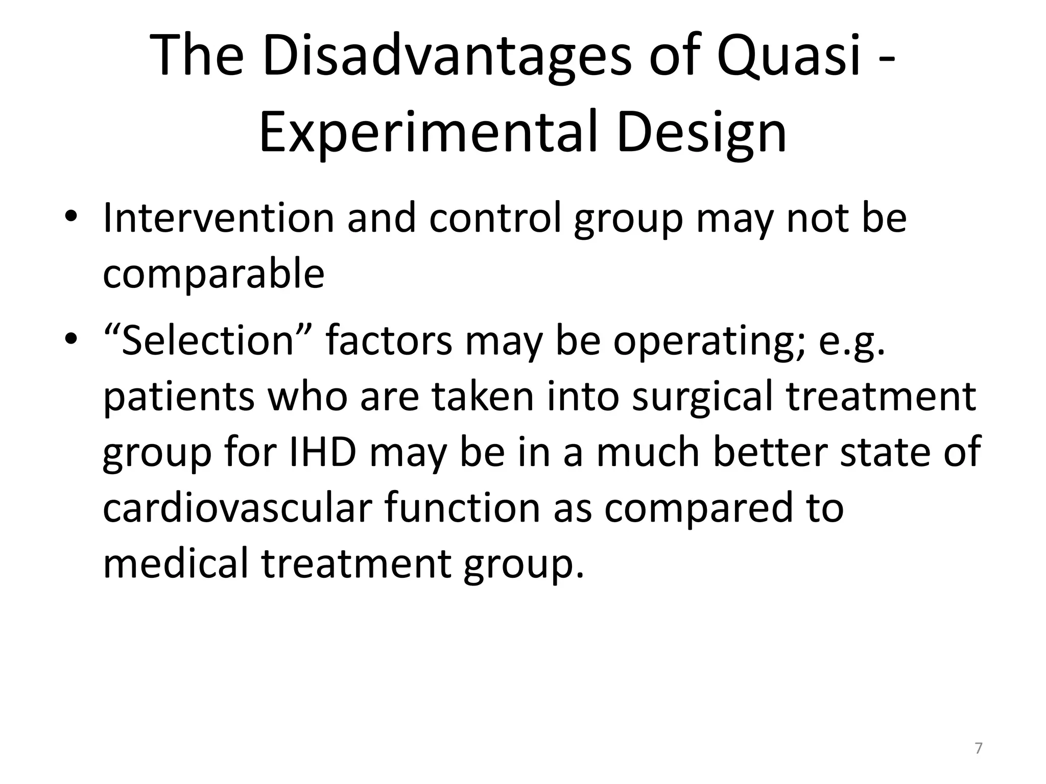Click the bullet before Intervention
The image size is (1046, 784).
pyautogui.click(x=70, y=218)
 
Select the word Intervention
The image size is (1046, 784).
pyautogui.click(x=218, y=218)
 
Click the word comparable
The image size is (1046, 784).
pyautogui.click(x=213, y=274)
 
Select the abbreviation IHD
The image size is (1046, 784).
pyautogui.click(x=322, y=452)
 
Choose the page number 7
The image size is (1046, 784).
pyautogui.click(x=978, y=749)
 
